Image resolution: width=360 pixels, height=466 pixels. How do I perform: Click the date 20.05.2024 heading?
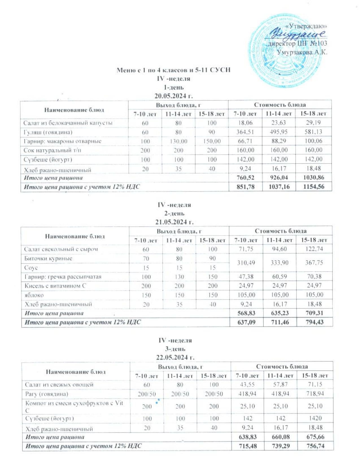click(x=173, y=96)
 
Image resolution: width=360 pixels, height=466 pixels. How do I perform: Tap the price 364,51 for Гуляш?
click(x=245, y=132)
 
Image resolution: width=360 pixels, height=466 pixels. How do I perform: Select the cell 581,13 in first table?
click(x=313, y=132)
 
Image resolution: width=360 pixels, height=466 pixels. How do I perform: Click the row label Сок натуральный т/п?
click(x=52, y=150)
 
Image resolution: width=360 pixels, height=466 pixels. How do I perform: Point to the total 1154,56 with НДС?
click(x=313, y=187)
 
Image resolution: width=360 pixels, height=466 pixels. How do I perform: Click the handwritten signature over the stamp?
click(x=296, y=34)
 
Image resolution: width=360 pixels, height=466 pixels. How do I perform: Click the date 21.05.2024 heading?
click(x=174, y=222)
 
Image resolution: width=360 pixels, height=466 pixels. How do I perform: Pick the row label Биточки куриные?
click(x=48, y=258)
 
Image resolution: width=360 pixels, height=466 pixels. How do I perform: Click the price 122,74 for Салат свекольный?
click(x=314, y=249)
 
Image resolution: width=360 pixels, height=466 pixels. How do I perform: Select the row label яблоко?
click(x=34, y=295)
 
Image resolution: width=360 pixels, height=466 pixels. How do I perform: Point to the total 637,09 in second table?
click(x=246, y=322)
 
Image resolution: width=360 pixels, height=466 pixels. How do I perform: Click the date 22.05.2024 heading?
click(x=175, y=357)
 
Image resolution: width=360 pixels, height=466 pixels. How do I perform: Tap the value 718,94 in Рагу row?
click(x=315, y=394)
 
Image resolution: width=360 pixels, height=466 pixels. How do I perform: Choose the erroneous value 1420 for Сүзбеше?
click(x=315, y=418)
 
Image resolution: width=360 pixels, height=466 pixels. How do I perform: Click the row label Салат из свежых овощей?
click(x=59, y=384)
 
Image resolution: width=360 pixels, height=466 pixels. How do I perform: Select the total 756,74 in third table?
click(x=315, y=446)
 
